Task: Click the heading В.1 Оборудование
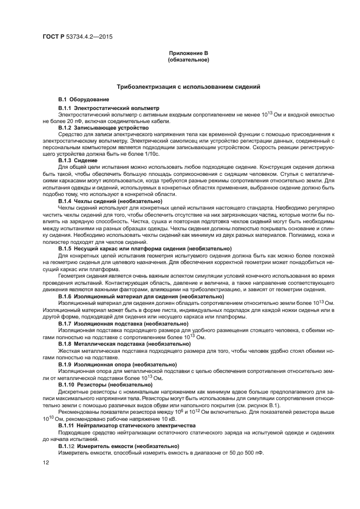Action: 83,100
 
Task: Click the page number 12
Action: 45,463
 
